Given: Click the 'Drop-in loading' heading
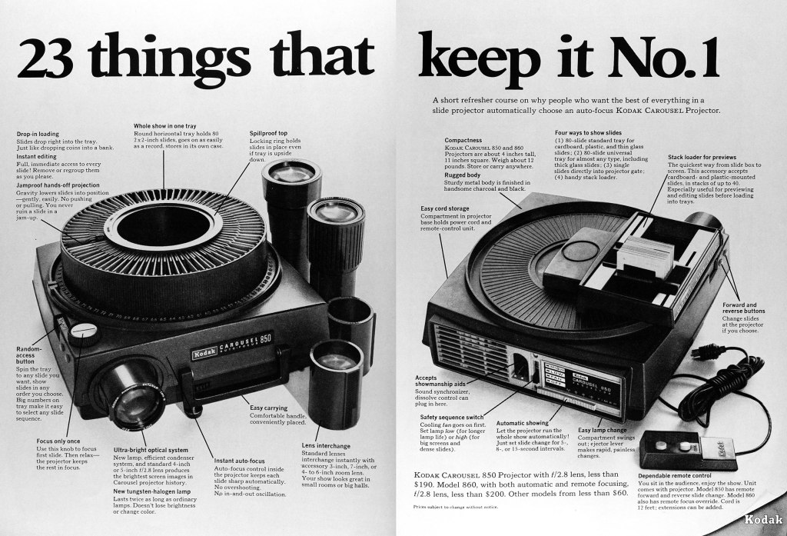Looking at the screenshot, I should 38,134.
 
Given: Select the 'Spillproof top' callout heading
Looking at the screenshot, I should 268,133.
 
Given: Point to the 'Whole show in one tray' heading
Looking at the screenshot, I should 164,125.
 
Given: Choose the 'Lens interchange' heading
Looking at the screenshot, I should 326,445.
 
